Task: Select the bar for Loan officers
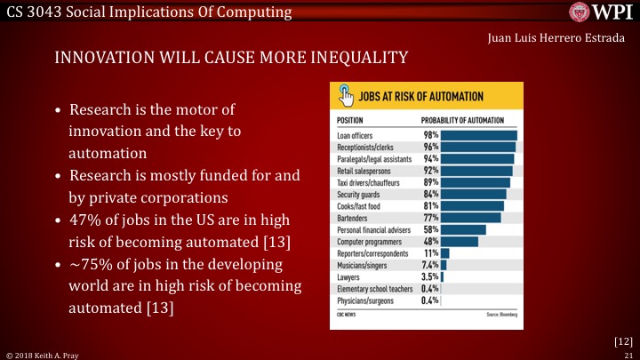coord(478,135)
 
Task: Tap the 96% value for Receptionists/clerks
coord(430,147)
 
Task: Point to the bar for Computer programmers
coord(460,241)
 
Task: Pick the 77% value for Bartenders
coord(430,217)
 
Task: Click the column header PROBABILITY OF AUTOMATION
coord(462,120)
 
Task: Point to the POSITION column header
coord(352,120)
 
